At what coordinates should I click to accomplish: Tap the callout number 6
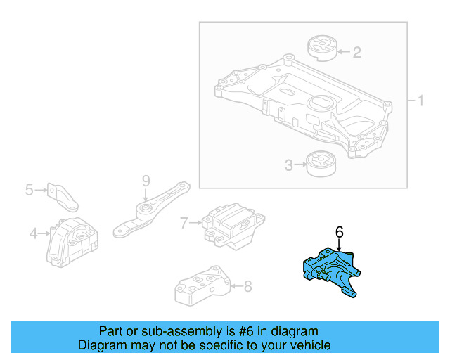[339, 231]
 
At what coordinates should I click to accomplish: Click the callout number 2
[356, 51]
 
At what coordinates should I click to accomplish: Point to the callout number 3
[288, 166]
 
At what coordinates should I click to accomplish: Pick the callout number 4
[33, 233]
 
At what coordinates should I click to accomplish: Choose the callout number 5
[30, 189]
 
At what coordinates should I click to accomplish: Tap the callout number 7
[184, 223]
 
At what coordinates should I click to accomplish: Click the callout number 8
[247, 286]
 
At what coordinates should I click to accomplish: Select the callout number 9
[146, 181]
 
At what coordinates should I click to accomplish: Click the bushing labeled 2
[323, 51]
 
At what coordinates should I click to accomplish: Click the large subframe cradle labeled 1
[302, 105]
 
